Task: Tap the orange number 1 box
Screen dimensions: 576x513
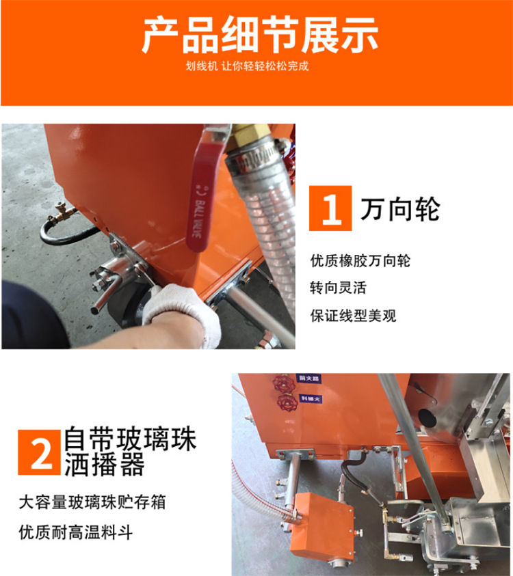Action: pyautogui.click(x=330, y=208)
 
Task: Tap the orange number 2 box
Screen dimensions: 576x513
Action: pyautogui.click(x=40, y=451)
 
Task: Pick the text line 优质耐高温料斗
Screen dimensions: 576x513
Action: pyautogui.click(x=76, y=532)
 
